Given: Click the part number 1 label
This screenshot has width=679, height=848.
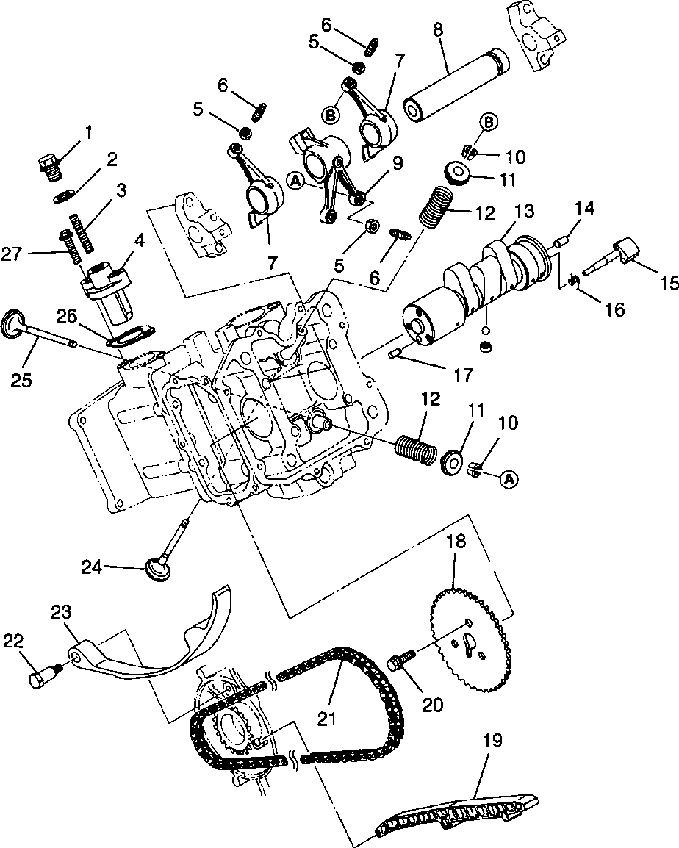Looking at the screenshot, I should (89, 132).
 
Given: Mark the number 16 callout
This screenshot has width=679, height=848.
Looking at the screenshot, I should (614, 309).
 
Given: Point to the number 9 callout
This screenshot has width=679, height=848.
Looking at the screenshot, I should (398, 162).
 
